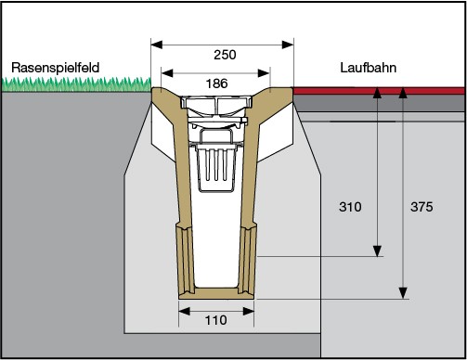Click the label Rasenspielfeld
coord(54,68)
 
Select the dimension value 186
coord(215,83)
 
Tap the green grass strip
coord(74,85)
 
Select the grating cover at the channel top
coord(217,103)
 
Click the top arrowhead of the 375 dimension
coord(404,91)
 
